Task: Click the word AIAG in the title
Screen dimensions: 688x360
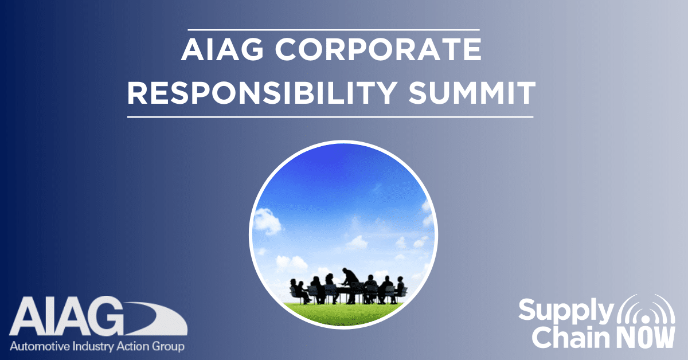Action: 222,49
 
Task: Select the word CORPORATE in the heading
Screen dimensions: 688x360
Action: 378,49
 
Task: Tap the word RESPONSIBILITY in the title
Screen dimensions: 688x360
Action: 262,93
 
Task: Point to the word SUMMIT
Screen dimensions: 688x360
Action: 472,93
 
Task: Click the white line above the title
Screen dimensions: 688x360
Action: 334,30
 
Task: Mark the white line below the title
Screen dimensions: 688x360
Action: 330,117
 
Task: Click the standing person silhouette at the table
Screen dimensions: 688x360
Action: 350,285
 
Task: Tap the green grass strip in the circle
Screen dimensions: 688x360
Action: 343,314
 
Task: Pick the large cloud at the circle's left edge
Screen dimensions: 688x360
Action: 267,221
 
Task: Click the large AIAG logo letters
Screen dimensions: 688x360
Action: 66,316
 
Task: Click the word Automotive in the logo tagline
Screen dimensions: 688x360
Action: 40,346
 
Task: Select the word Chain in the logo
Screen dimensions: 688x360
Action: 570,337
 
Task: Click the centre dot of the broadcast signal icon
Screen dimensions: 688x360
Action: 646,320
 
